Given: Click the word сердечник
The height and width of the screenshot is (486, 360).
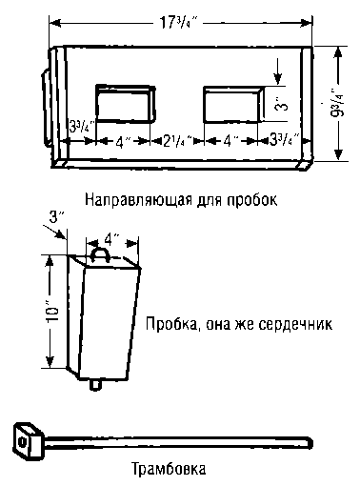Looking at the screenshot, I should coord(289,324).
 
